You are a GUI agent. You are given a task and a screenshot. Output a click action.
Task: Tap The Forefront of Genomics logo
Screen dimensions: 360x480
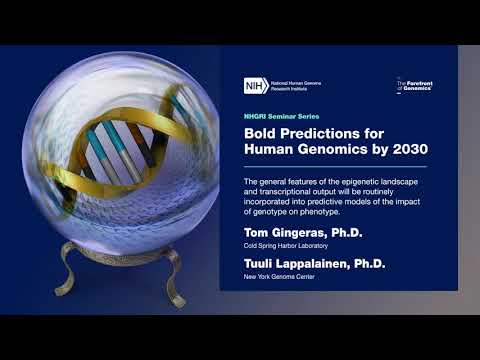(414, 86)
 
